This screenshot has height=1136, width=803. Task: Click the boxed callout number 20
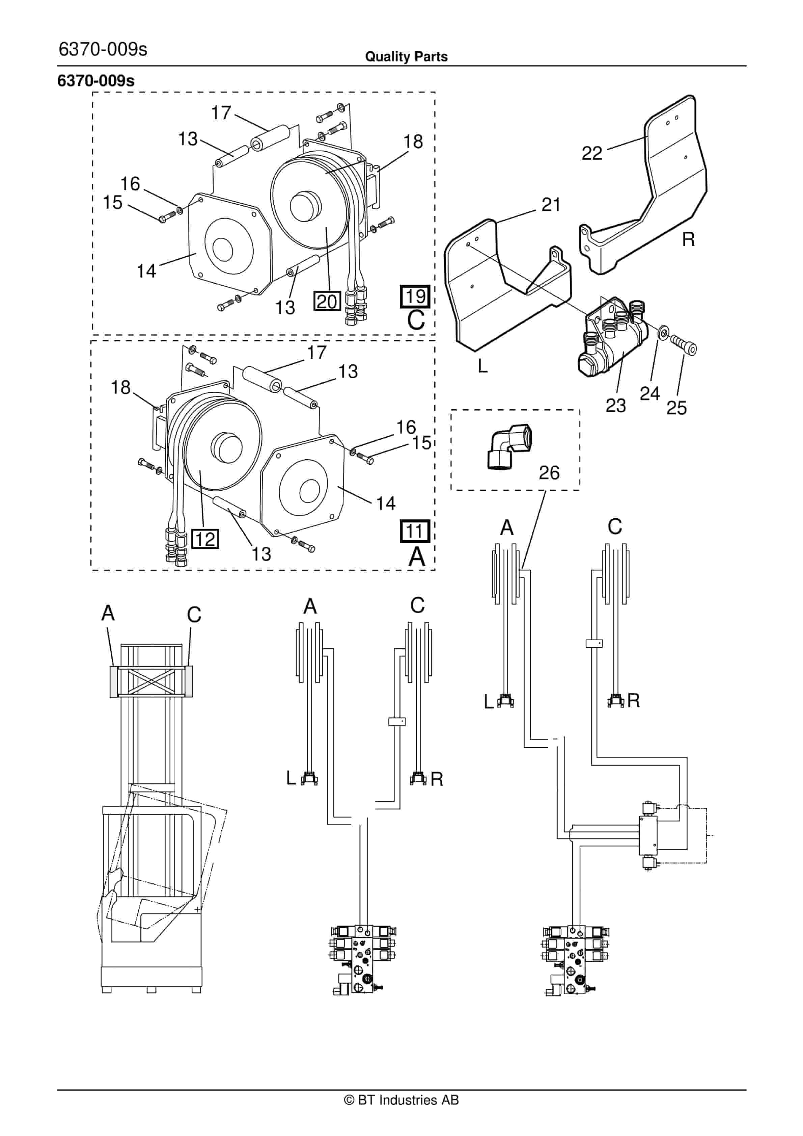pyautogui.click(x=327, y=301)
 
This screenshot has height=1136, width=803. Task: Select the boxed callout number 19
pyautogui.click(x=415, y=296)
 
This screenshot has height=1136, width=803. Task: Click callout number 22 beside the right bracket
pyautogui.click(x=591, y=153)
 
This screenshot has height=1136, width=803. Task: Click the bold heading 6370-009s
pyautogui.click(x=96, y=81)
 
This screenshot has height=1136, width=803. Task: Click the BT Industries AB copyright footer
pyautogui.click(x=401, y=1100)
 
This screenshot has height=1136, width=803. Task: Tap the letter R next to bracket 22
pyautogui.click(x=688, y=239)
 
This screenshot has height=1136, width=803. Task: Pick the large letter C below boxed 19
pyautogui.click(x=416, y=320)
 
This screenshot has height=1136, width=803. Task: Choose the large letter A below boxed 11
pyautogui.click(x=416, y=557)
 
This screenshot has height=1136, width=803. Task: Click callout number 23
pyautogui.click(x=616, y=406)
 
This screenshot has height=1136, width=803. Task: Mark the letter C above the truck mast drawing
pyautogui.click(x=194, y=615)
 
